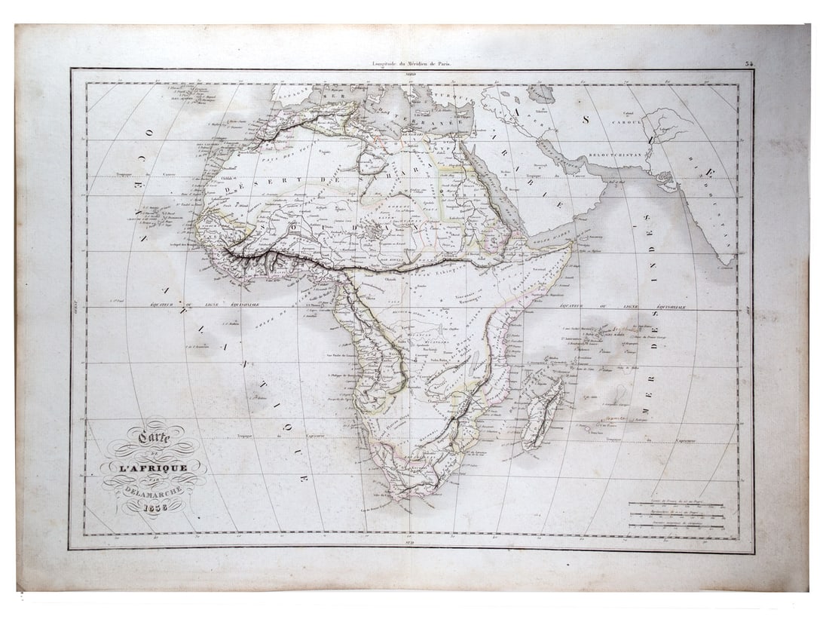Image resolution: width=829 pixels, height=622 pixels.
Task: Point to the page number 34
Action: coord(749,64)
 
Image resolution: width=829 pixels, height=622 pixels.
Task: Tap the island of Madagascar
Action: coord(543,413)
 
